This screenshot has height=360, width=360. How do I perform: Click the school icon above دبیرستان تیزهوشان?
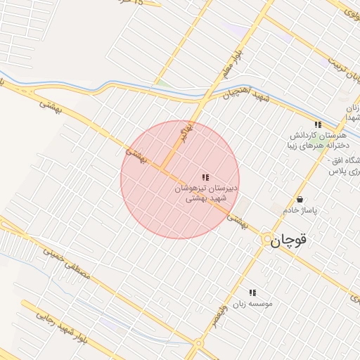205,178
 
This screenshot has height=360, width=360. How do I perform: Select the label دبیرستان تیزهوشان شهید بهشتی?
207,193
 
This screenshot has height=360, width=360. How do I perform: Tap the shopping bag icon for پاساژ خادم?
300,199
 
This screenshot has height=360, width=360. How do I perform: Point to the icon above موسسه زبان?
252,292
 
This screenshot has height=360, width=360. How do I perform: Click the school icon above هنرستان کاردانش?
318,124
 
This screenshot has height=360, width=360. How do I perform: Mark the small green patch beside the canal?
162,83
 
